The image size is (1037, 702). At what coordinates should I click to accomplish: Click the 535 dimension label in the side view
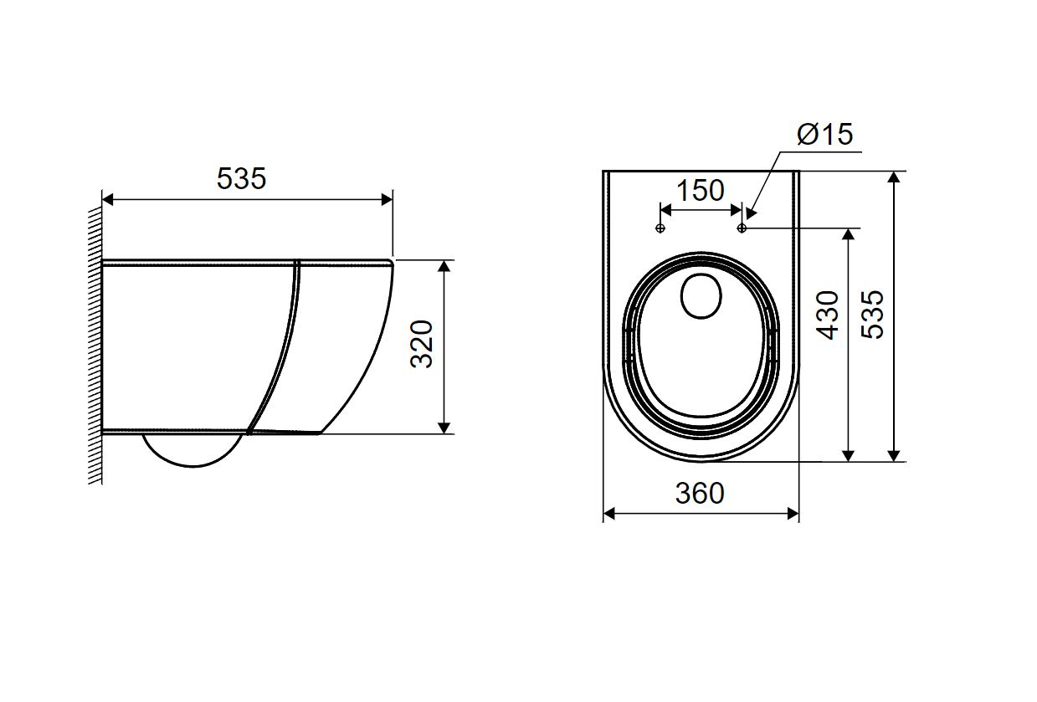(241, 178)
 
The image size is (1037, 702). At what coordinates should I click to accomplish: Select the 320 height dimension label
(422, 344)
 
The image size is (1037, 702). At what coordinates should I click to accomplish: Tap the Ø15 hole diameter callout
(824, 134)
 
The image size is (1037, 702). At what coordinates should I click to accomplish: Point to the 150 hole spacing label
(701, 190)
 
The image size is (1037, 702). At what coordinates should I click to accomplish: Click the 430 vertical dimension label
(827, 315)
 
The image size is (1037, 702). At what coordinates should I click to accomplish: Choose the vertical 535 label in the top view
(872, 315)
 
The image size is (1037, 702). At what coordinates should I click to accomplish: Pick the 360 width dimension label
(700, 493)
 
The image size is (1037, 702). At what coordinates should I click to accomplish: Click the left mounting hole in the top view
(660, 228)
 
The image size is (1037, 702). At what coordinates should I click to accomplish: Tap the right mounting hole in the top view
(742, 228)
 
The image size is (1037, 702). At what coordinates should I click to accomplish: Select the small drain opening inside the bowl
(701, 295)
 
